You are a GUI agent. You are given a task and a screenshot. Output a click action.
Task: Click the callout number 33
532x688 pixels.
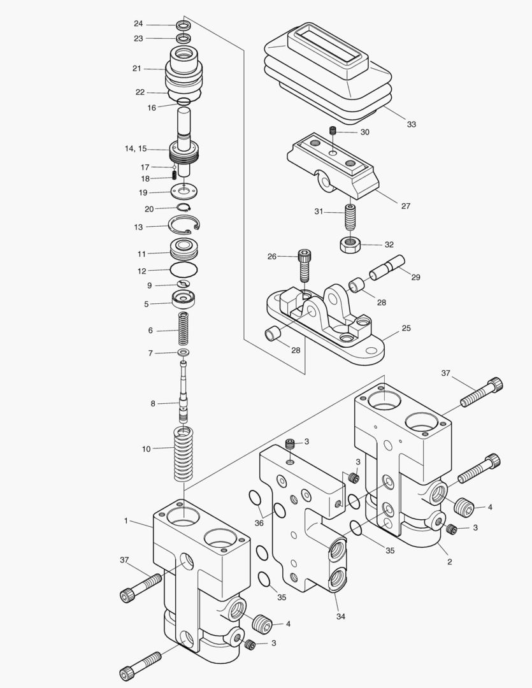coord(412,124)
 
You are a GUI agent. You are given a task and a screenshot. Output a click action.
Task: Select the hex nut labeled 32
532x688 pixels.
coord(349,245)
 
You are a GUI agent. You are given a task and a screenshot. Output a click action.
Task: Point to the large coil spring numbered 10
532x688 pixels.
coord(183,455)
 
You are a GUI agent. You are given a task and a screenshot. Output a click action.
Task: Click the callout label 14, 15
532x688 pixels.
coord(136,149)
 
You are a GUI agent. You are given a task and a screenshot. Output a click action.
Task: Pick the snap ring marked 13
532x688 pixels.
coord(183,225)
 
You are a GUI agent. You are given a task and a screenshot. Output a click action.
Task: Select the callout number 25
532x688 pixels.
coord(406,329)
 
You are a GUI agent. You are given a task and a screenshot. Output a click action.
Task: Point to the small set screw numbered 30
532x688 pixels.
coord(332,131)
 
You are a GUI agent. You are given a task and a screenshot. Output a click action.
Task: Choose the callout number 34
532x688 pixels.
coord(340,617)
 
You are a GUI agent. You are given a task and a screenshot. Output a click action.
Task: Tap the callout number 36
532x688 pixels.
coord(258,523)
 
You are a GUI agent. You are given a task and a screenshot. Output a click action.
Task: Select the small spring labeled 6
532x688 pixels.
coord(183,329)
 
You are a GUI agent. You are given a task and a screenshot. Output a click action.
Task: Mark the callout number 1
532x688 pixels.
coord(126,521)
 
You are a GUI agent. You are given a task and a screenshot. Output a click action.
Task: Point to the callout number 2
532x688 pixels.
coord(449,562)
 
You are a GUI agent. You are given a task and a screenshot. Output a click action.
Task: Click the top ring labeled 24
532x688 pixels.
coord(184,25)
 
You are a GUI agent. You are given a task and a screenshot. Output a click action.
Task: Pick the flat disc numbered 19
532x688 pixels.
coord(184,190)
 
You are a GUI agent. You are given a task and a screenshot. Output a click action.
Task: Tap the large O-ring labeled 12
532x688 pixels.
coord(183,270)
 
